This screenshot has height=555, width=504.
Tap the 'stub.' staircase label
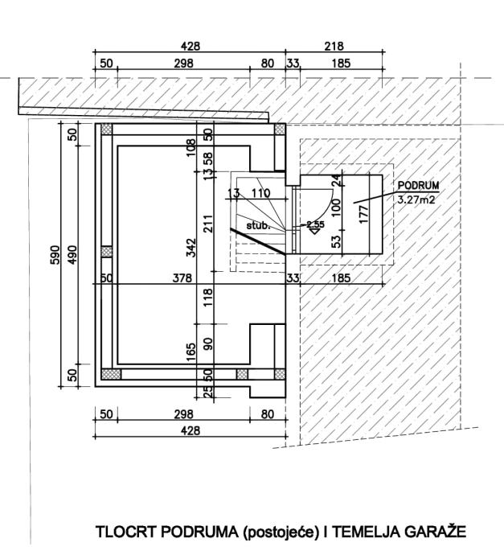256,227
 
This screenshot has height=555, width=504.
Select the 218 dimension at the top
334,47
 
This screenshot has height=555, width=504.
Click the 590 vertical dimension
55,256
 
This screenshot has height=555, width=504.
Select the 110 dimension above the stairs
260,194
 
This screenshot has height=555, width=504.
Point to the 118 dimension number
207,297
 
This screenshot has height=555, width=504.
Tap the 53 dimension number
337,239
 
